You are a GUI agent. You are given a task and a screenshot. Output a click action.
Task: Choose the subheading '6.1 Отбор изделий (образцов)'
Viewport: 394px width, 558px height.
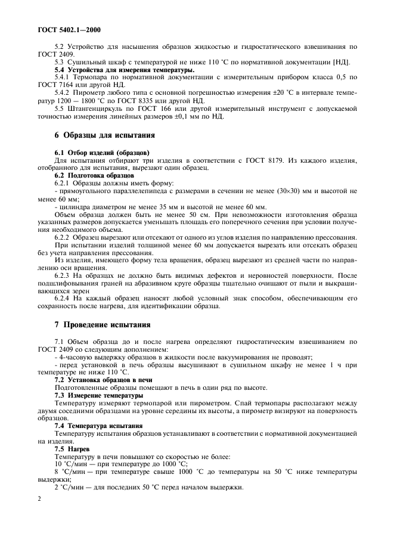(x=101, y=153)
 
